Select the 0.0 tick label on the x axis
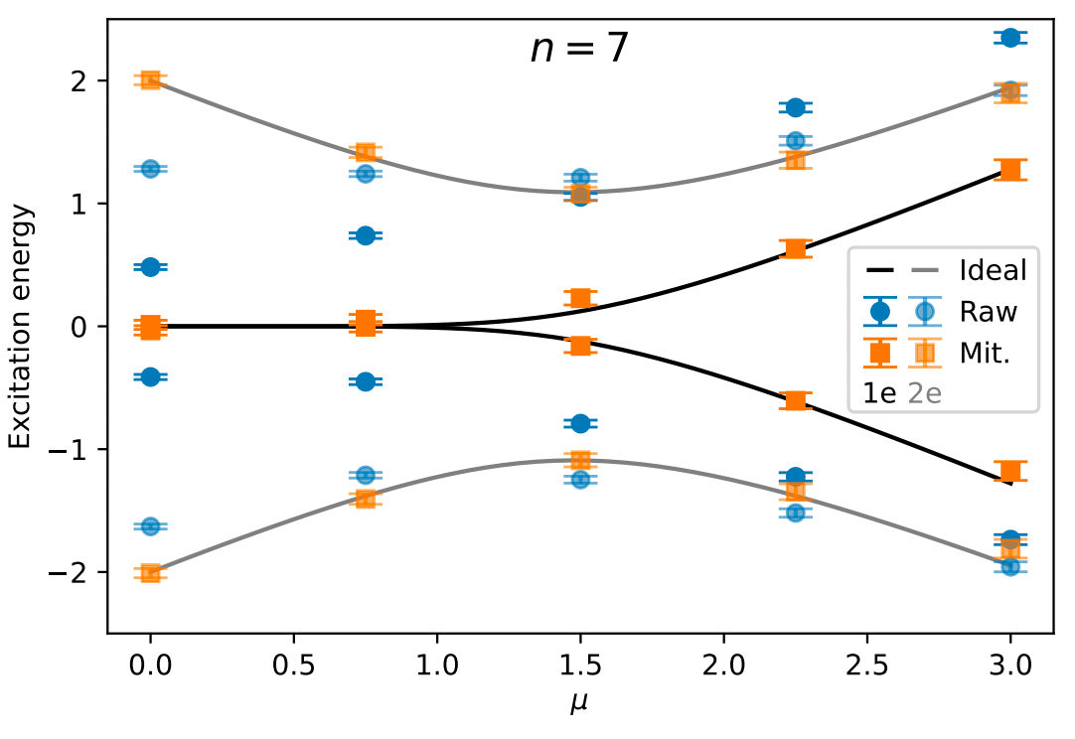pyautogui.click(x=150, y=663)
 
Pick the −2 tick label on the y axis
pyautogui.click(x=77, y=573)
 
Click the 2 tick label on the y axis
pyautogui.click(x=85, y=80)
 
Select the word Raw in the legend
pyautogui.click(x=988, y=311)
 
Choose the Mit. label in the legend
pyautogui.click(x=986, y=352)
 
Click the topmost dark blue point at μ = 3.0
pyautogui.click(x=1010, y=38)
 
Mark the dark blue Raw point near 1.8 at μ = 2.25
pyautogui.click(x=795, y=106)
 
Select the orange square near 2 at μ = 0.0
pyautogui.click(x=150, y=79)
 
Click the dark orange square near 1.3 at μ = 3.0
pyautogui.click(x=1010, y=169)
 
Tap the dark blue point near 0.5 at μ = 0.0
pyautogui.click(x=150, y=267)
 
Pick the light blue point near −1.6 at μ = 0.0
pyautogui.click(x=150, y=525)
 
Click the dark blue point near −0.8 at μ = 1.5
pyautogui.click(x=580, y=423)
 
